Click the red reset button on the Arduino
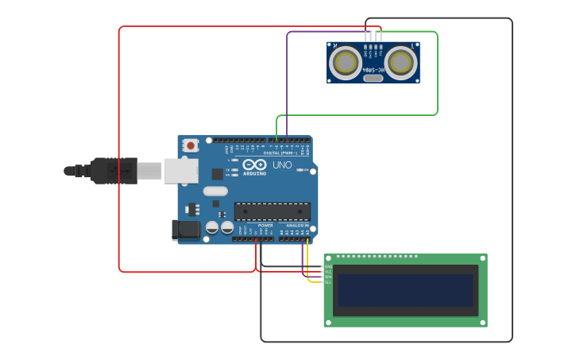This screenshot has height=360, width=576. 191,145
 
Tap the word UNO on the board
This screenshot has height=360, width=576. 282,165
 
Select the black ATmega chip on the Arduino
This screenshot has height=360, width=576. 272,211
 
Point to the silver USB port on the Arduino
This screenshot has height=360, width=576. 180,170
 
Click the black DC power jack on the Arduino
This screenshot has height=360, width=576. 186,230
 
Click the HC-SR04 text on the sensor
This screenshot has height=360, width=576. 373,70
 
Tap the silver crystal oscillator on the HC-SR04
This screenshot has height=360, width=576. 373,78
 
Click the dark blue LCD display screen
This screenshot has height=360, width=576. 405,290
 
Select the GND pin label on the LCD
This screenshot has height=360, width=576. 328,266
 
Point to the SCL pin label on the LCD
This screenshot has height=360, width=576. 328,282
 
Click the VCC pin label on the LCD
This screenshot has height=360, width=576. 328,272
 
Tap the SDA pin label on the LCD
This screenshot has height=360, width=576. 328,277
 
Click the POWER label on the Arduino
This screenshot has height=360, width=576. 265,225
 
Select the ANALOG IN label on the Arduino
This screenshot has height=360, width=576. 297,225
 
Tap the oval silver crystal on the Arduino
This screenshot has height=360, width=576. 215,191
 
